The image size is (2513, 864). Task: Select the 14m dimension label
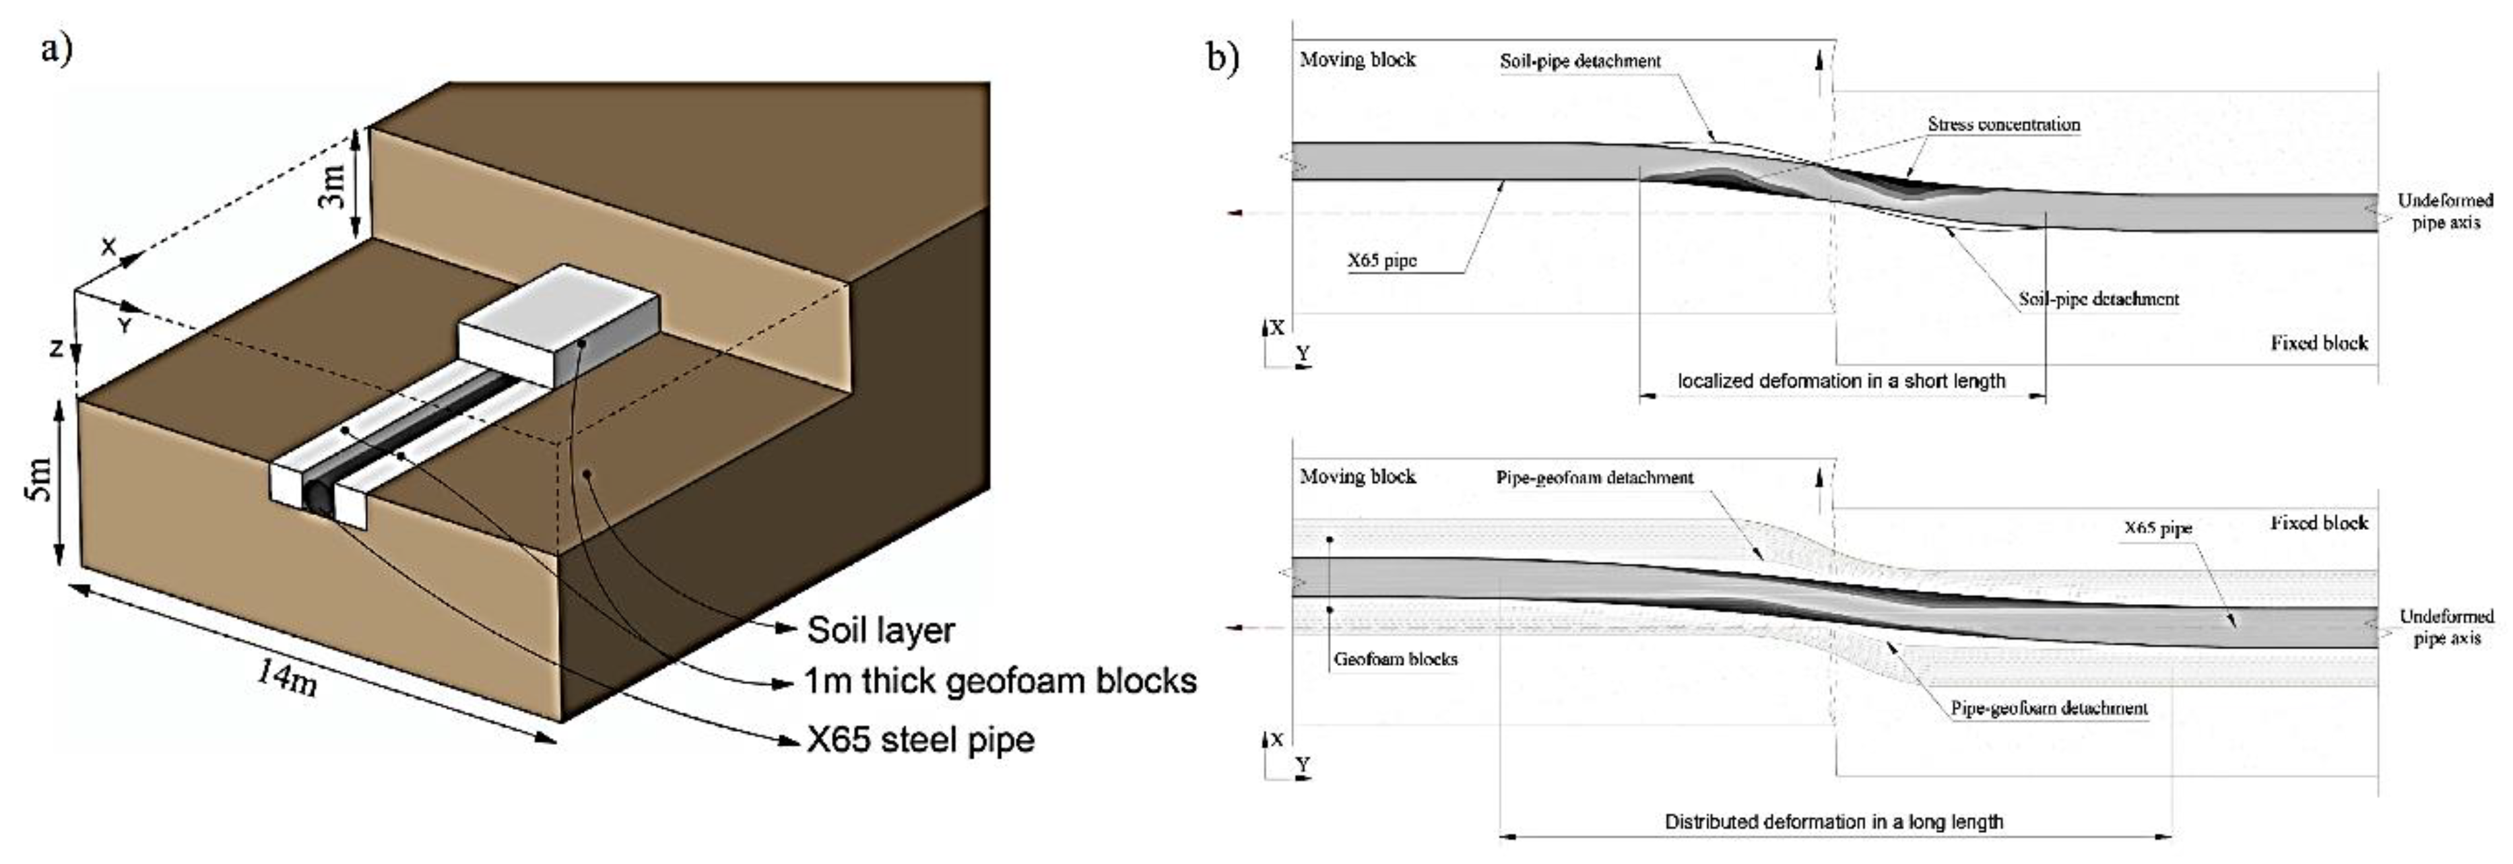[287, 676]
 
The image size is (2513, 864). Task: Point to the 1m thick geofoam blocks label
[1000, 681]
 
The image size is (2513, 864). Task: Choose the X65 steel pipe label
[920, 739]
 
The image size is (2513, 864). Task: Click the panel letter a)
[57, 47]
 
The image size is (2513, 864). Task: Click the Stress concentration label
[2003, 125]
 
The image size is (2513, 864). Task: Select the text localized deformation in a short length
[1841, 381]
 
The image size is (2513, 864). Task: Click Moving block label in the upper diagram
[1357, 59]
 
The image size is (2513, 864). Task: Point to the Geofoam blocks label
[1395, 659]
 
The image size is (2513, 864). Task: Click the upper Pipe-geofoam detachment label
[1594, 478]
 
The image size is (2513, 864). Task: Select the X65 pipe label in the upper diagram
[1381, 261]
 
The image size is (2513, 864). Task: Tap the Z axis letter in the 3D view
[57, 347]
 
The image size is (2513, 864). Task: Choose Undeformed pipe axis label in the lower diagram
[2446, 627]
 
